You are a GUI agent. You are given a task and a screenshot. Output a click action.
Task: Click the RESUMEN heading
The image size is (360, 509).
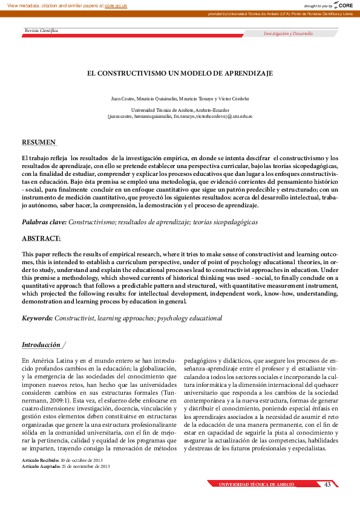(x=39, y=142)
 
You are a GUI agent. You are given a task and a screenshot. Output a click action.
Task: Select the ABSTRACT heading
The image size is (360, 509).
(x=41, y=238)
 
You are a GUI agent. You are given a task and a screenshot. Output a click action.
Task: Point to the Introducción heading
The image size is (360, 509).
(x=41, y=345)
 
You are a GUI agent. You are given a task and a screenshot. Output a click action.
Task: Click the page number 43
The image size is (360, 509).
(x=327, y=484)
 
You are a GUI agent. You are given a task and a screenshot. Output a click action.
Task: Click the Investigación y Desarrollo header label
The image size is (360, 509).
(x=288, y=34)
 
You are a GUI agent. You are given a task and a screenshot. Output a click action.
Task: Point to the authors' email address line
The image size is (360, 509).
(x=180, y=115)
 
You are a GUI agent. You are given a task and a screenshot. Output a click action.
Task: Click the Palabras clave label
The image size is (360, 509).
(x=44, y=222)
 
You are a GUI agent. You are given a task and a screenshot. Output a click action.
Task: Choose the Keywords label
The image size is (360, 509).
(x=38, y=318)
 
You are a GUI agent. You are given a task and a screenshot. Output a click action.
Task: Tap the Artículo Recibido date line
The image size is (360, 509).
(x=66, y=460)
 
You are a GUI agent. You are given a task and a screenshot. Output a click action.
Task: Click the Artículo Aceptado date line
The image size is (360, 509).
(x=66, y=466)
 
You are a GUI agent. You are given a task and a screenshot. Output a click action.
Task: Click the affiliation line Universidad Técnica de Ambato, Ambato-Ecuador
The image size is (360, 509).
(x=180, y=109)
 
